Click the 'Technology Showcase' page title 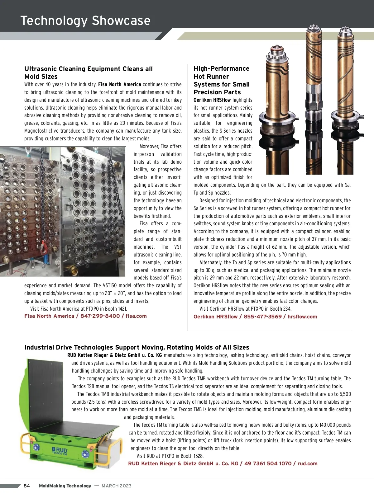(x=85, y=21)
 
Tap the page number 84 (x=27, y=486)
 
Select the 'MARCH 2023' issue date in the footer (x=117, y=486)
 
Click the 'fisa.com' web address (x=136, y=316)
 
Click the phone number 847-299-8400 (x=100, y=316)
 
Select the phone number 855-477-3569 (x=262, y=317)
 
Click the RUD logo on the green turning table (x=60, y=450)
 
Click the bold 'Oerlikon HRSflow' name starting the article (x=212, y=100)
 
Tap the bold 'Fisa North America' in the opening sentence (x=119, y=84)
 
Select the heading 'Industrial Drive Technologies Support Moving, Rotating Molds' (x=137, y=347)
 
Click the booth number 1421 (x=122, y=309)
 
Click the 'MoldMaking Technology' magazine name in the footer (x=65, y=486)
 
